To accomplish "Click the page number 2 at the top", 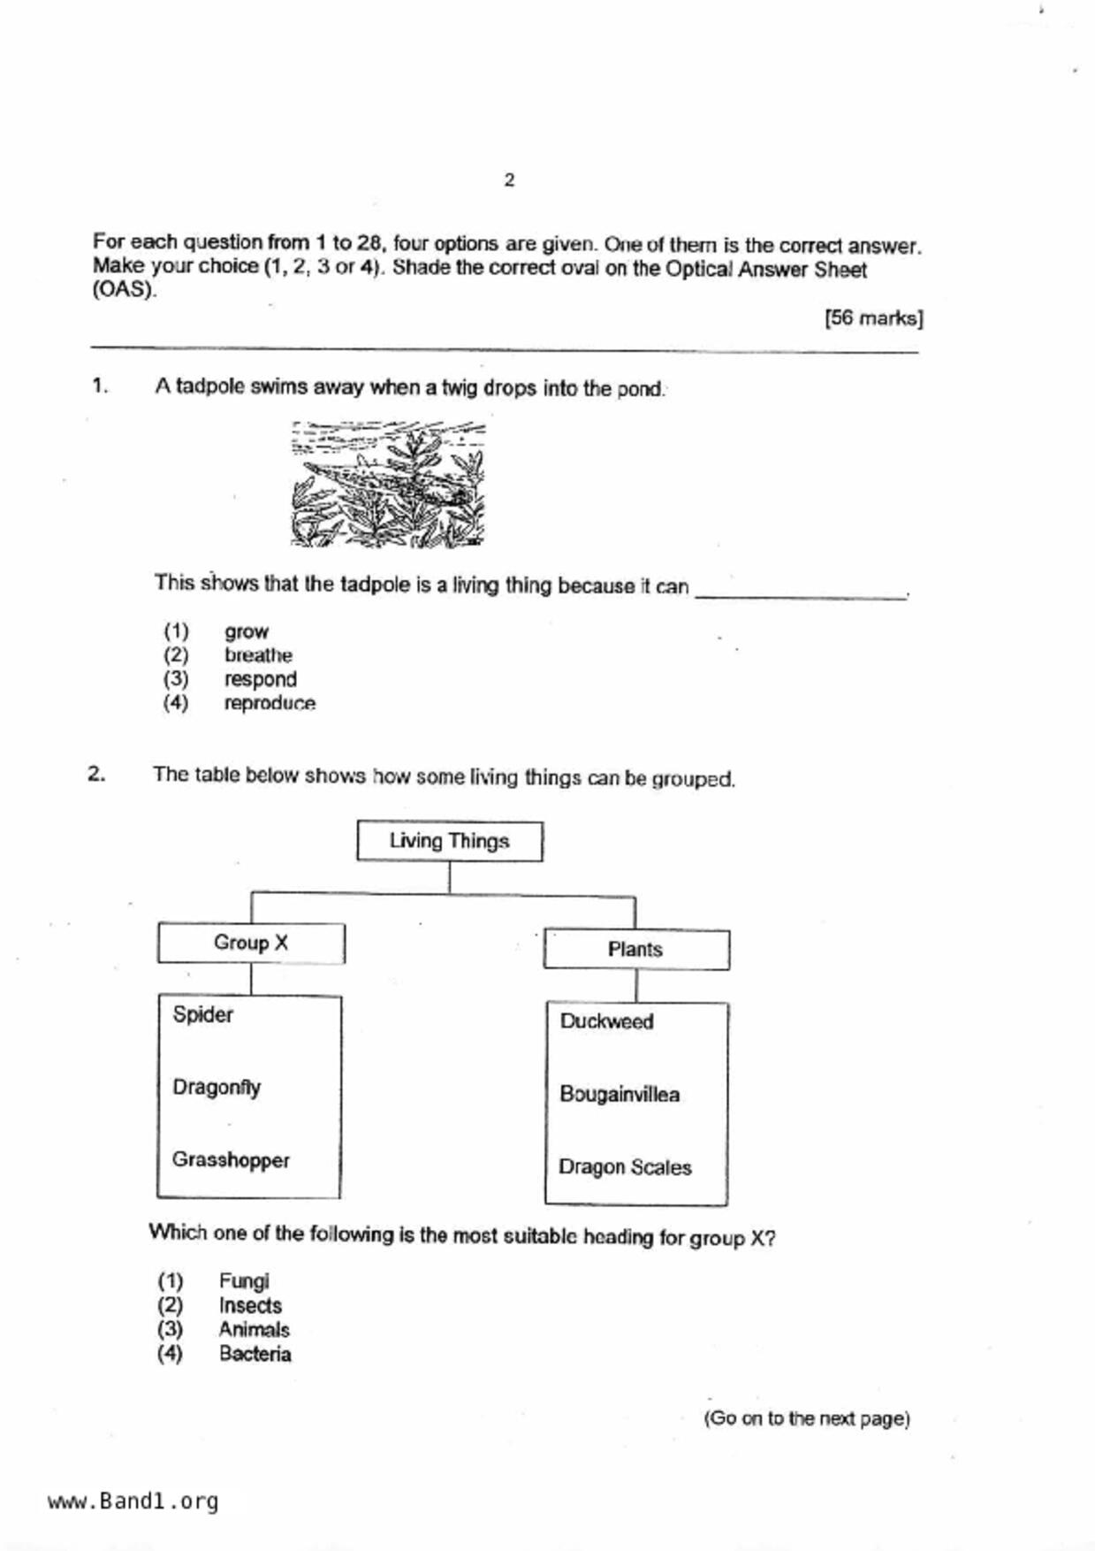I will (x=509, y=180).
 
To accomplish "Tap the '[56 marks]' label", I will (x=873, y=318).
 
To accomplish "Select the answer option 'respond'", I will (x=260, y=679).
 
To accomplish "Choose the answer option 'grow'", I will (x=246, y=631).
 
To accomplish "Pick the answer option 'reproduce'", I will (x=270, y=703).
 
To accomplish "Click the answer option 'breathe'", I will (x=258, y=655).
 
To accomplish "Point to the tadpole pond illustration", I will (x=388, y=484).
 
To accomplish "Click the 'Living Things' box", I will (x=450, y=841).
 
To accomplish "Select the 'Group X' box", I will (x=251, y=944).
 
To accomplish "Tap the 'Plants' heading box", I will (x=635, y=950).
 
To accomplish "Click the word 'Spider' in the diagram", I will (x=203, y=1014).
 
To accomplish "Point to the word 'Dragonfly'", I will (x=217, y=1087).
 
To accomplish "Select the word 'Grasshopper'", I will (x=231, y=1159).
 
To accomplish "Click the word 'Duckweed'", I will (x=607, y=1021).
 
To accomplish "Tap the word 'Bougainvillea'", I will (x=620, y=1095).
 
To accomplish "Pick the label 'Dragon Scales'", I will (x=625, y=1167).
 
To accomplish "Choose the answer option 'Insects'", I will (x=250, y=1305).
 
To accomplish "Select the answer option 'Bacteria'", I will (x=255, y=1354).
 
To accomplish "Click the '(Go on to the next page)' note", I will (x=806, y=1418).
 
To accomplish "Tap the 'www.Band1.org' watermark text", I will (x=133, y=1501).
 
